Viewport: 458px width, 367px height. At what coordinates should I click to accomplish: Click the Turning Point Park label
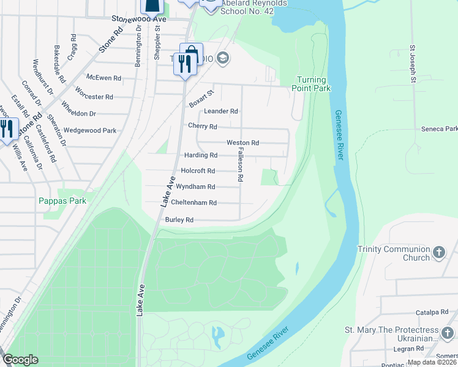pyautogui.click(x=313, y=84)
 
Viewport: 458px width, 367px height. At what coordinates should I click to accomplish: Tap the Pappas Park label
pyautogui.click(x=62, y=201)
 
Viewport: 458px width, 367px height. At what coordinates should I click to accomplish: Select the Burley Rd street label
pyautogui.click(x=179, y=220)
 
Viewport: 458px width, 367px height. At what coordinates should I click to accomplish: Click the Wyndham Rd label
pyautogui.click(x=195, y=187)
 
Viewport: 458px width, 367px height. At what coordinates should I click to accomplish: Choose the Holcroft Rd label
pyautogui.click(x=198, y=171)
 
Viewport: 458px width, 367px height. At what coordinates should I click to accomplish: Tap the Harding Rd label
pyautogui.click(x=201, y=155)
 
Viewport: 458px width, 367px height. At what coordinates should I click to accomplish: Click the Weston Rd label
pyautogui.click(x=242, y=143)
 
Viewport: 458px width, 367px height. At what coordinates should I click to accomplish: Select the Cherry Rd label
pyautogui.click(x=203, y=127)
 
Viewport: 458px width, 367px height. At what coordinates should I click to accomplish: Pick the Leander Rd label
pyautogui.click(x=221, y=111)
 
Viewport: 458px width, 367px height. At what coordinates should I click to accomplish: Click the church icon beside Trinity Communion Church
pyautogui.click(x=438, y=252)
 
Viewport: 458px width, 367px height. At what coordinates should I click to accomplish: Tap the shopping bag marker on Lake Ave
pyautogui.click(x=191, y=52)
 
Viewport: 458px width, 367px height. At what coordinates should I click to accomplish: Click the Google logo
pyautogui.click(x=20, y=360)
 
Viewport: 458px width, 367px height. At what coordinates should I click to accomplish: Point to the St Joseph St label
pyautogui.click(x=413, y=63)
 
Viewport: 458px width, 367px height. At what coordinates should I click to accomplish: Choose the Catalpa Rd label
pyautogui.click(x=435, y=312)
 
